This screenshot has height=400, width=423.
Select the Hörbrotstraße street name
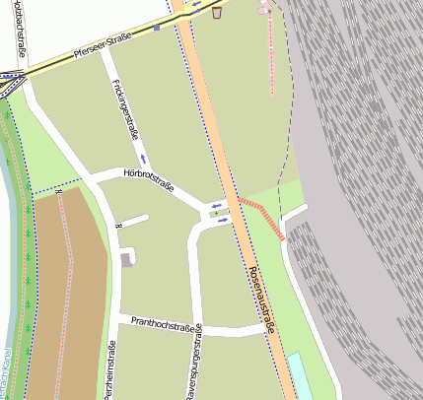149,179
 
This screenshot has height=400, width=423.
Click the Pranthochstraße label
160,323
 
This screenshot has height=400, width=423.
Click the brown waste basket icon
217,14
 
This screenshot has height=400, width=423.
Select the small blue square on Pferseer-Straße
157,28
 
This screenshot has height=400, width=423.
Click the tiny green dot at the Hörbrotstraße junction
214,213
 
